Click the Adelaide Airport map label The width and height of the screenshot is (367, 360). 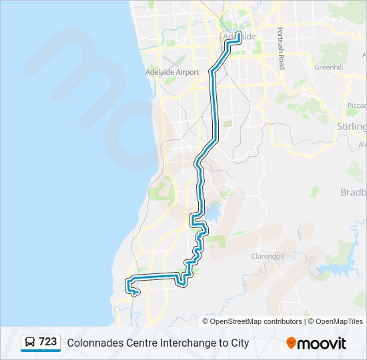[x=172, y=72]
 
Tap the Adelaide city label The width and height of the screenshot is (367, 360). [x=239, y=36]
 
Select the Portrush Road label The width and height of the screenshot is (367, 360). [x=282, y=49]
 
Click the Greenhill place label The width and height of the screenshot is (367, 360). [x=328, y=67]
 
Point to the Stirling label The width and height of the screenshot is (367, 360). [x=352, y=127]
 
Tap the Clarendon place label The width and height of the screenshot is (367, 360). [x=268, y=256]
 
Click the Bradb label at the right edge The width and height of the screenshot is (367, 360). [x=353, y=193]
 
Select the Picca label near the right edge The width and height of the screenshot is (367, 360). [x=357, y=105]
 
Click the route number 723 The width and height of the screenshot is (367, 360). [x=47, y=342]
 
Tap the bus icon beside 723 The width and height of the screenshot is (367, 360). [x=30, y=343]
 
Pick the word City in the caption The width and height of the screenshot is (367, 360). [x=238, y=343]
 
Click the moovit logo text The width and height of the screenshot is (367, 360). [x=322, y=343]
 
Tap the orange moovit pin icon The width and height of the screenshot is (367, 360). [x=291, y=343]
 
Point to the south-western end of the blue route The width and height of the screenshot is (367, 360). [x=136, y=292]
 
